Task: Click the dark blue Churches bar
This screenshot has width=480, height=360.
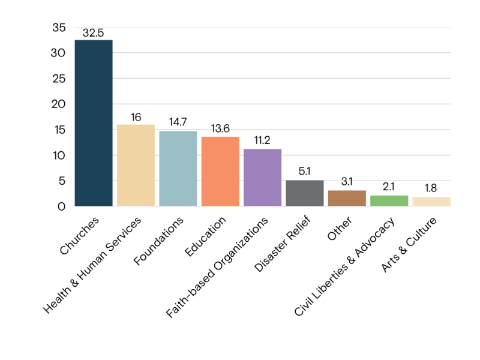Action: coord(94,123)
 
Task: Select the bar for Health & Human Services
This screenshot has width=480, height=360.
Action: coord(136,165)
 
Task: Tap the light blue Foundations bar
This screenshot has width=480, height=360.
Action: coord(178,169)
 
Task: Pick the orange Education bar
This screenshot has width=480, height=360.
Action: coord(220,172)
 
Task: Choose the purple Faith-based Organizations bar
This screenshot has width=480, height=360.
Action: coord(262,178)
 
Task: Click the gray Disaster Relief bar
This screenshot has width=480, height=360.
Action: coord(305,193)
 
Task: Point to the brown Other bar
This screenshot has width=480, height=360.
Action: coord(347,199)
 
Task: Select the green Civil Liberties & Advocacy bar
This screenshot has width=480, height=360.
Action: coord(389,201)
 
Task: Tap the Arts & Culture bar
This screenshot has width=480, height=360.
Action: coord(431,202)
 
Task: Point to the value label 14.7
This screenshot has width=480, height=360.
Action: coord(178,122)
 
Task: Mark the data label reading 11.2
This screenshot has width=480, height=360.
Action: coord(262,140)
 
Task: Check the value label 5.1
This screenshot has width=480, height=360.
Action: coord(305,172)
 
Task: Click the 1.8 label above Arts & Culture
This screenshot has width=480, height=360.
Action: coord(431,188)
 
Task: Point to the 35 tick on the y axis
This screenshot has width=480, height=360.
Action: coord(59,28)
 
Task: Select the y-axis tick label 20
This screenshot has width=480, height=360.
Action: coord(59,104)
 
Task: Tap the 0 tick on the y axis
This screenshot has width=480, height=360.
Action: coord(62,207)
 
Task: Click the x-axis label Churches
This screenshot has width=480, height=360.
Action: coord(80,235)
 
